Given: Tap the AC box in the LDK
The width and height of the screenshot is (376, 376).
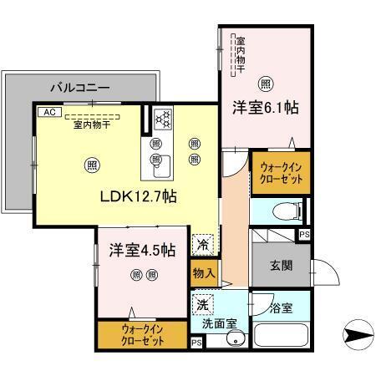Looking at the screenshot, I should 48,110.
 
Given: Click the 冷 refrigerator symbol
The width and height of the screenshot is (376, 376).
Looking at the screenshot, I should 202,245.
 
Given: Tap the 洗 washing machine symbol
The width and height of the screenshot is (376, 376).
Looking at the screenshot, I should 203,302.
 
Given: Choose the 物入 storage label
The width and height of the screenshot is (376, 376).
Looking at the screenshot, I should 204,272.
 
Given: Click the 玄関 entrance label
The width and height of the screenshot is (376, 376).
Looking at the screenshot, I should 280,267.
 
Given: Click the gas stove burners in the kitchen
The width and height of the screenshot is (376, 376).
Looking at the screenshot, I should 162,119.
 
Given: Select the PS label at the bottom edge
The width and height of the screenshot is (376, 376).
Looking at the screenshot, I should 196,343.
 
